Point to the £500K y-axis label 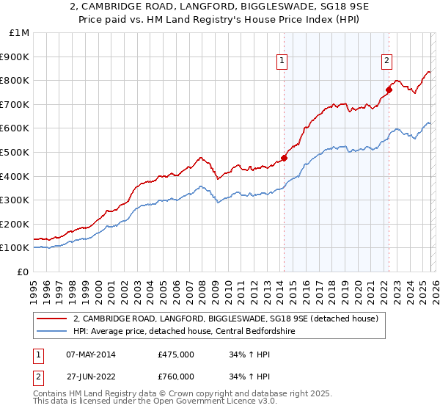15,152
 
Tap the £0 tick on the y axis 23,272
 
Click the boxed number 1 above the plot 283,62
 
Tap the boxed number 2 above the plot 387,62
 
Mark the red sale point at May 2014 284,158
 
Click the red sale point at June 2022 389,90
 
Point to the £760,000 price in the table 175,376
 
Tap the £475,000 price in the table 175,354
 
